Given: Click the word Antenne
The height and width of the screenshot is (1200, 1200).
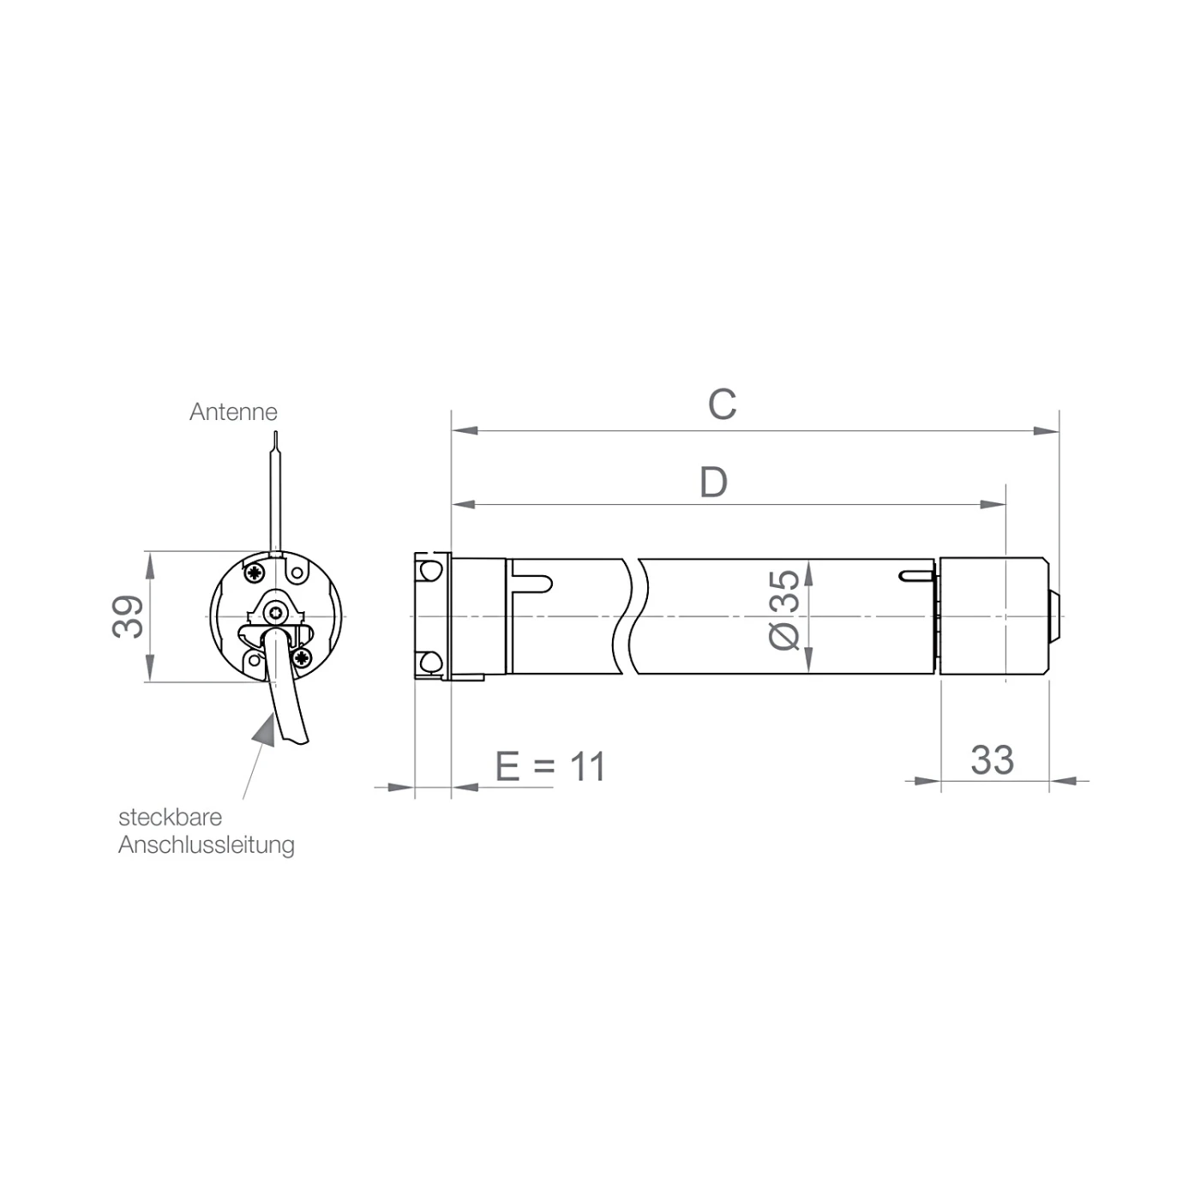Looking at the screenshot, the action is coord(233,411).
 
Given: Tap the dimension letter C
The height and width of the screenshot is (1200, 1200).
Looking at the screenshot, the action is coord(722,405).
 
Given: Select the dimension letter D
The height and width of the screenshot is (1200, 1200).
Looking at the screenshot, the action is coord(713,482).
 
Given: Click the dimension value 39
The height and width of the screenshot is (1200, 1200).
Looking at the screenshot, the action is coord(128,616).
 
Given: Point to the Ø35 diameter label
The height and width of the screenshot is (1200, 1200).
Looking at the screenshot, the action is coord(784,610).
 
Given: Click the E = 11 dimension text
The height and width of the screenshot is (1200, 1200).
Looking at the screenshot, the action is coord(550,766).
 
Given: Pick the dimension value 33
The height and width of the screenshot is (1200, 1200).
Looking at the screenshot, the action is coord(992,759).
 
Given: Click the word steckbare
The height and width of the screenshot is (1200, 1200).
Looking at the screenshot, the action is coord(170,817).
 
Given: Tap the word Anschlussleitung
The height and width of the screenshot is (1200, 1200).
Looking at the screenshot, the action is coord(206,845).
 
